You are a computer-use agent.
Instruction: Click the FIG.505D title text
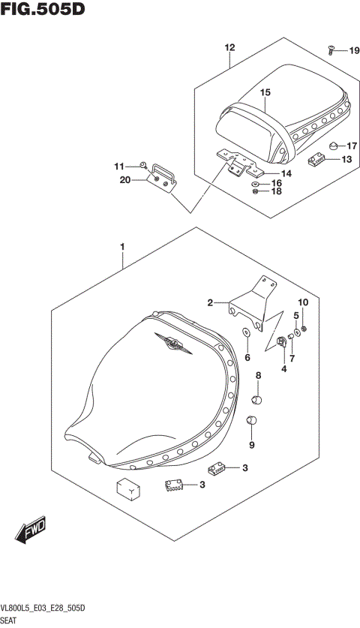click(43, 11)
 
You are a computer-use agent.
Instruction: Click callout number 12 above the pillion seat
click(229, 47)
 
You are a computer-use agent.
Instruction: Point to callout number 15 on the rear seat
click(265, 92)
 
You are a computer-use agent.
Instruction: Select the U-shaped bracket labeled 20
click(163, 177)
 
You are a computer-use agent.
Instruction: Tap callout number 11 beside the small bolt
click(118, 166)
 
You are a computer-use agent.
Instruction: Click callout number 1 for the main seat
click(121, 246)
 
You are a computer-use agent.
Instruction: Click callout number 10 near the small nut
click(303, 302)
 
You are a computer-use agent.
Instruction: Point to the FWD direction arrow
click(29, 534)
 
